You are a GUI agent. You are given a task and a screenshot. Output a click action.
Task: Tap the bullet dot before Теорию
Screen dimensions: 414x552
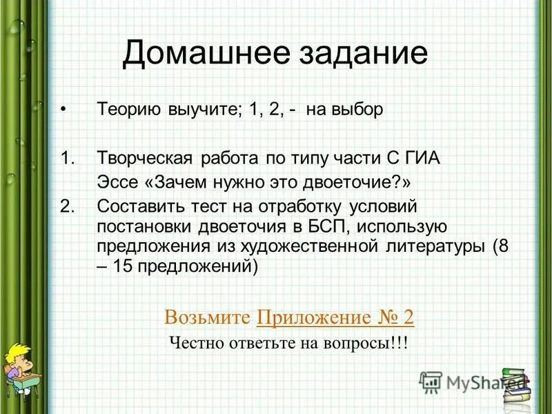tap(63, 110)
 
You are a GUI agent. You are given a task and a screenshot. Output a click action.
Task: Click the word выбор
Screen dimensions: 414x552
tap(354, 110)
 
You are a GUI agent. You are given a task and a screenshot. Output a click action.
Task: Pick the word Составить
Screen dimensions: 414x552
tap(140, 205)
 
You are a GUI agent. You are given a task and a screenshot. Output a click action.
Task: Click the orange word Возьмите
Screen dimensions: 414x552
tap(207, 317)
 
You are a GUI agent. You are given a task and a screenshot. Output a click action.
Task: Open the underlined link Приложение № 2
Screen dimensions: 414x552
tap(335, 317)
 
